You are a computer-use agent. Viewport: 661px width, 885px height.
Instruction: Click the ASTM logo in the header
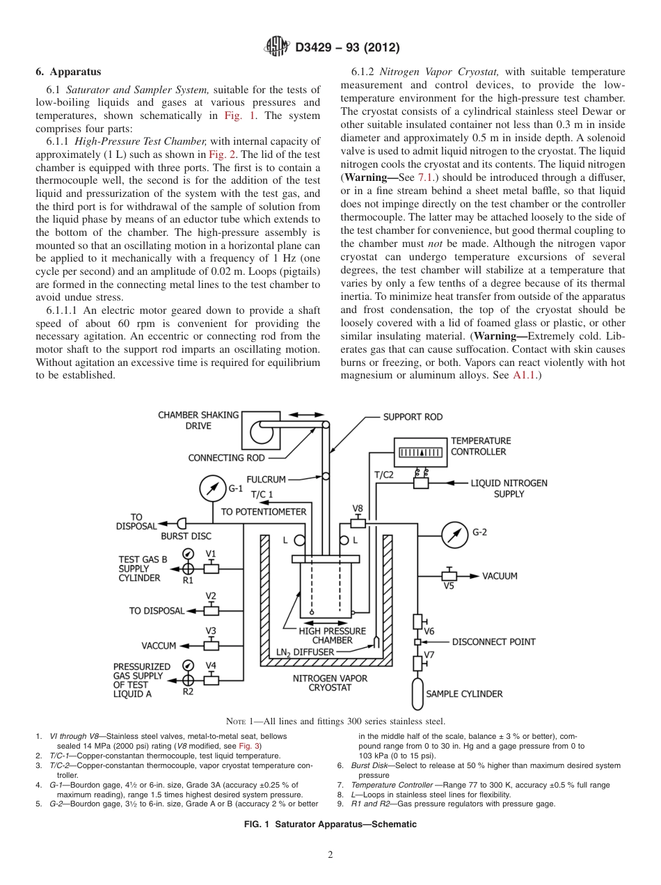click(x=278, y=47)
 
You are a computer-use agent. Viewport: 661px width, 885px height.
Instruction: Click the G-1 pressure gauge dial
click(x=213, y=488)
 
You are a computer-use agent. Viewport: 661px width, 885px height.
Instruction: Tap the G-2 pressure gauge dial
click(x=454, y=534)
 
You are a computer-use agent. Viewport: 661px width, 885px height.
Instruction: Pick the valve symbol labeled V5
click(x=449, y=576)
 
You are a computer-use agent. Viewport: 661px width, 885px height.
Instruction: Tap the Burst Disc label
click(x=186, y=536)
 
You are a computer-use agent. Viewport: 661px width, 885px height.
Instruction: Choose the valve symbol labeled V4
click(x=211, y=680)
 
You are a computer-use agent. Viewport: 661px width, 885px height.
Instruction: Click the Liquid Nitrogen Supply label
click(x=509, y=488)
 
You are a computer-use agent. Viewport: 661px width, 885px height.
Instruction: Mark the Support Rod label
click(x=413, y=417)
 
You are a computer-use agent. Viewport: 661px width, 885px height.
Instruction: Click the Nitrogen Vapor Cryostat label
click(x=330, y=683)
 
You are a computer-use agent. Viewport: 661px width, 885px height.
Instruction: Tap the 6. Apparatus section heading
click(x=68, y=72)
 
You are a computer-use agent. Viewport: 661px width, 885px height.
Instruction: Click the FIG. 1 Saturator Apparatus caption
click(x=330, y=824)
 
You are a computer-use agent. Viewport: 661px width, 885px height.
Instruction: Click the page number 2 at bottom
click(x=330, y=855)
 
